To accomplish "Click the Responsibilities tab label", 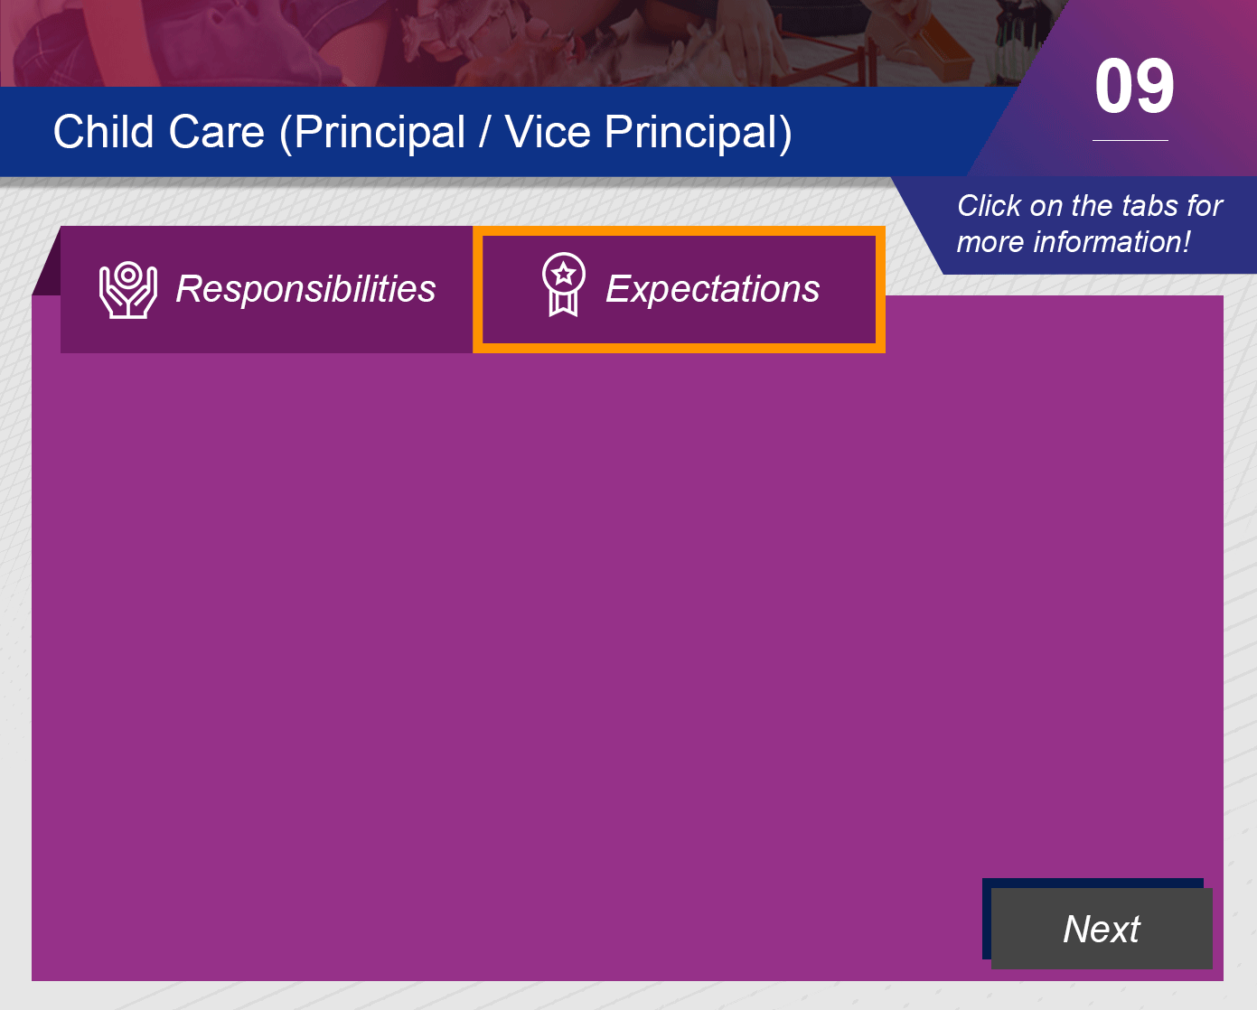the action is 305,288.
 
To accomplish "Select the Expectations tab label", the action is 713,289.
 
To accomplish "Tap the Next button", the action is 1102,928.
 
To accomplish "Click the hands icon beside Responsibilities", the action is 128,290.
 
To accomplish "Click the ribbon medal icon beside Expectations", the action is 563,285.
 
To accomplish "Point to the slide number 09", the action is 1134,87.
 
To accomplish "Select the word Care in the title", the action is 217,132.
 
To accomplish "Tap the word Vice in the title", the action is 548,132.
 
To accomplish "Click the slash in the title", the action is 483,132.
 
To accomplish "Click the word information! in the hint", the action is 1112,242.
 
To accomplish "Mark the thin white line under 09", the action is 1130,140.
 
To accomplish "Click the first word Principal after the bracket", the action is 379,133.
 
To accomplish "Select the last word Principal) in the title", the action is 698,133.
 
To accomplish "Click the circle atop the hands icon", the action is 128,275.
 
